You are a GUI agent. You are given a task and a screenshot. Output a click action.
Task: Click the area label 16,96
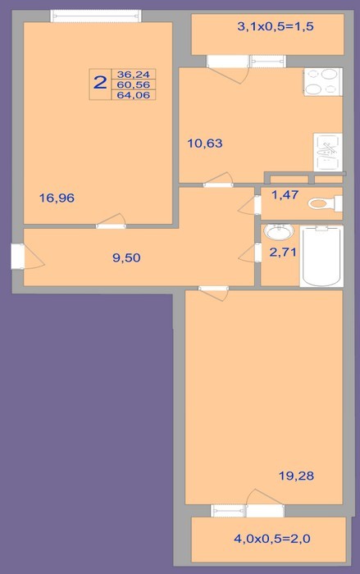(57, 198)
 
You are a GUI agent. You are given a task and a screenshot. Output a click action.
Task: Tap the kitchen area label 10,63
(205, 143)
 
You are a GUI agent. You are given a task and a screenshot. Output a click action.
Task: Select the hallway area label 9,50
(126, 257)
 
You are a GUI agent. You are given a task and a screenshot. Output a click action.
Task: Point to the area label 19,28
(296, 476)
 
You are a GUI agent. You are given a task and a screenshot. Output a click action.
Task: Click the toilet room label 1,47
(285, 195)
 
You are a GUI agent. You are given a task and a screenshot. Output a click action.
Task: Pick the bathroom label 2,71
(283, 252)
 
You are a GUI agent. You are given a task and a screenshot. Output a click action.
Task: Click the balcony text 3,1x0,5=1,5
(276, 26)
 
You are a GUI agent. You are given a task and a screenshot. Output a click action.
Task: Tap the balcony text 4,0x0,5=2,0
(272, 539)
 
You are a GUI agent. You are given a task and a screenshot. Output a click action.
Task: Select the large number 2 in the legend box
(99, 83)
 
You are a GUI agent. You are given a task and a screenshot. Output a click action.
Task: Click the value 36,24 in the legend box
(134, 75)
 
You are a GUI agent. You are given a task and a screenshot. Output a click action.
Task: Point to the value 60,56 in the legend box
(134, 85)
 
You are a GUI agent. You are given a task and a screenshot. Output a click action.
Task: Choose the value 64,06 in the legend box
(134, 95)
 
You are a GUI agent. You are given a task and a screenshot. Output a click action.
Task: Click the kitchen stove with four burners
(322, 82)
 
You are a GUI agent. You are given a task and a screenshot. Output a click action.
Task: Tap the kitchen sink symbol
(328, 153)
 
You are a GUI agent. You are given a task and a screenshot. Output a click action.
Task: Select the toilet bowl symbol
(325, 203)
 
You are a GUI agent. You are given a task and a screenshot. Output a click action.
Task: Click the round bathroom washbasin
(279, 231)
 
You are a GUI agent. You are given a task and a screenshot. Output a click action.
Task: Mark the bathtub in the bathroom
(321, 256)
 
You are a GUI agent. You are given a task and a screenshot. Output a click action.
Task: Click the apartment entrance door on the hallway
(17, 256)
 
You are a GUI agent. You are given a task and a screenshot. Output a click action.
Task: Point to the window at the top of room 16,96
(96, 16)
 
